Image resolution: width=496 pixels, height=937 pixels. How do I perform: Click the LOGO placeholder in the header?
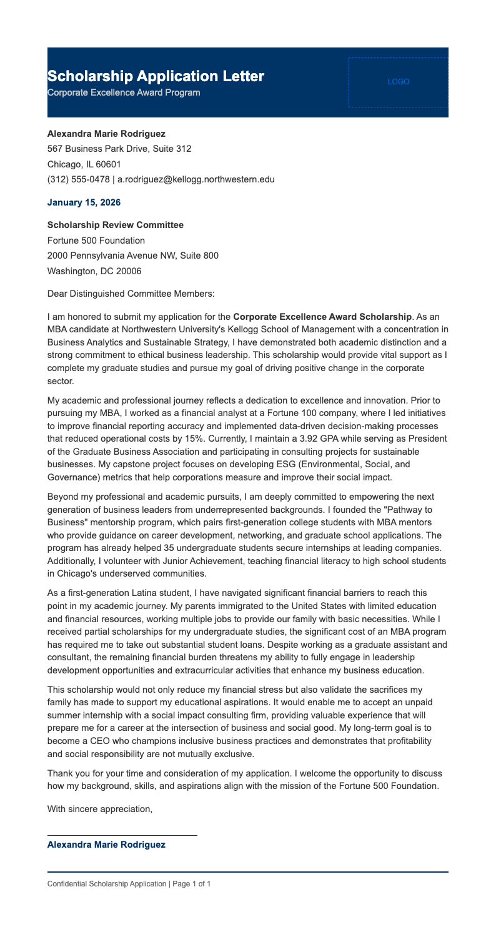398,82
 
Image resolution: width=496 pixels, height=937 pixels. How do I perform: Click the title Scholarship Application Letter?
156,77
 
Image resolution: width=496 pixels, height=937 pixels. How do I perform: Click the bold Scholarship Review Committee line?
116,225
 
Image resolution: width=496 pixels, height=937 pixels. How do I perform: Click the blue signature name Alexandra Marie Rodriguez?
107,845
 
